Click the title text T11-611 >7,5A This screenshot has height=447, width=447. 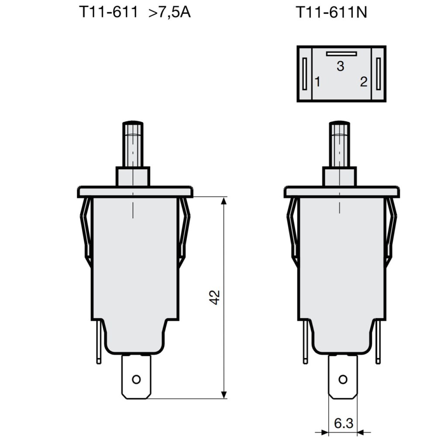click(x=134, y=12)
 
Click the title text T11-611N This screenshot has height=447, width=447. click(x=332, y=12)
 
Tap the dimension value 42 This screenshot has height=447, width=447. click(x=214, y=297)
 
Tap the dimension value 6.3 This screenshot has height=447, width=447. click(x=343, y=423)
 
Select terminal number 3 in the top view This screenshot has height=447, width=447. click(x=340, y=66)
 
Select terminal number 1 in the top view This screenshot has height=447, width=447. click(x=318, y=81)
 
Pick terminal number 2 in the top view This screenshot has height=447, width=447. click(x=364, y=81)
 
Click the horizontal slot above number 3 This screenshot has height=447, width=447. click(x=341, y=54)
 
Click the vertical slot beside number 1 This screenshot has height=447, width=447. click(x=304, y=73)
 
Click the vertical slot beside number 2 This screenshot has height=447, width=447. click(x=378, y=73)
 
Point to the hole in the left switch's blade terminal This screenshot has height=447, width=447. click(x=136, y=379)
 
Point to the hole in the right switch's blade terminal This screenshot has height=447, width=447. click(x=343, y=379)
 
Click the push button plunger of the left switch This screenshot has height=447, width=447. click(x=133, y=144)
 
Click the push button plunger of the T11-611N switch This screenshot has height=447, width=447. click(x=340, y=144)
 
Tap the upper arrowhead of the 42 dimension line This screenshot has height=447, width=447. click(x=224, y=201)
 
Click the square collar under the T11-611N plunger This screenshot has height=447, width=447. click(x=340, y=176)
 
